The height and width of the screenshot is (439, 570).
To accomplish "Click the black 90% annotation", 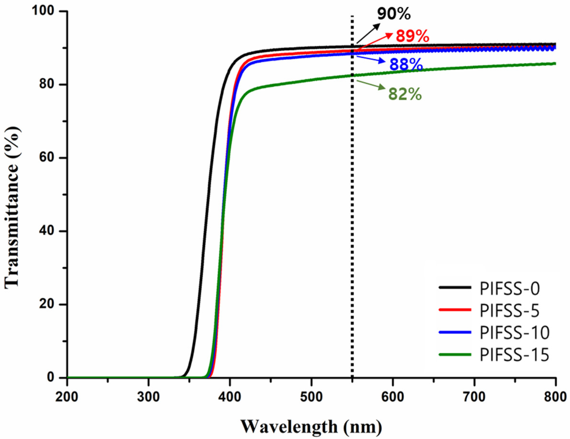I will coord(394,14).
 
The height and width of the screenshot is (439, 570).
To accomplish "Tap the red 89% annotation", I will coord(412,36).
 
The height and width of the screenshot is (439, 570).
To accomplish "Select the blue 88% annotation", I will coord(406,65).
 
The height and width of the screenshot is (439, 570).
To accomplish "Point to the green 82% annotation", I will coord(405,94).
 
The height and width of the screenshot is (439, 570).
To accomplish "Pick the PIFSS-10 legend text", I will coord(514,333).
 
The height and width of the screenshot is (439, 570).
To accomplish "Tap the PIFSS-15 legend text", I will coord(514,355).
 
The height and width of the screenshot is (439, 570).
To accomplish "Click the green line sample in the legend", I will coord(455,354).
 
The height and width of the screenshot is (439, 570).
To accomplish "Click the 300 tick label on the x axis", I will coord(149,397).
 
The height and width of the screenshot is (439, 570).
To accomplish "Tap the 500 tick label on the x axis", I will coord(311,397).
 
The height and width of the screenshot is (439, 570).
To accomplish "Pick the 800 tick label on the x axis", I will coord(555,397).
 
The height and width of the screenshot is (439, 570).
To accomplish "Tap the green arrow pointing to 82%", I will coord(371,85).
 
